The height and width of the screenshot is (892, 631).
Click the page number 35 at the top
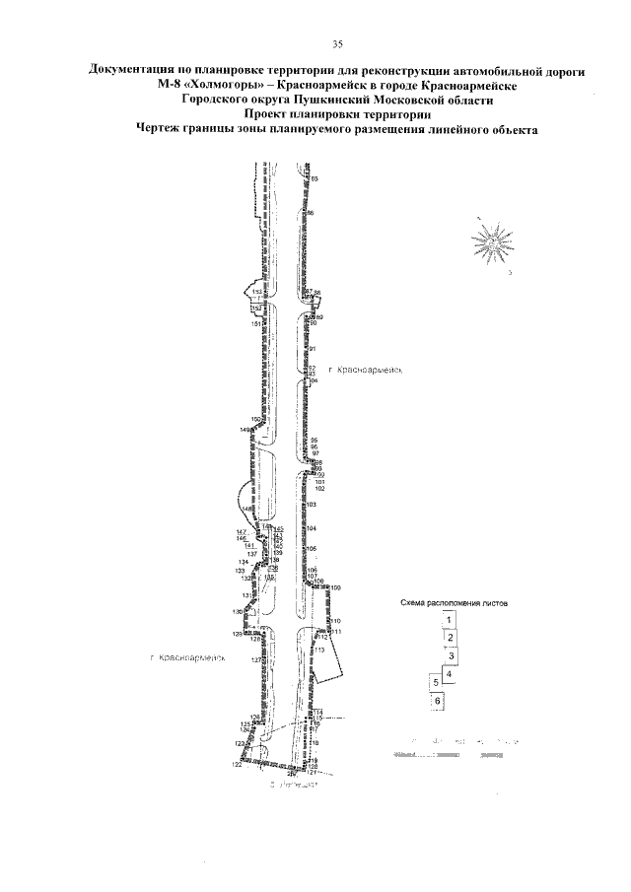[x=337, y=44]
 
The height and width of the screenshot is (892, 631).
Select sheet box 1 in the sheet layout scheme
[x=449, y=620]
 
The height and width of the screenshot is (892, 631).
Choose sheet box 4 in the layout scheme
[x=449, y=675]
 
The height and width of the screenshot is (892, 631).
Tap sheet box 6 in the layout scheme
[x=437, y=700]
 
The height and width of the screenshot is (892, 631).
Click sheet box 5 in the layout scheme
[x=434, y=681]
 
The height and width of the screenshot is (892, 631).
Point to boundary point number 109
[x=336, y=587]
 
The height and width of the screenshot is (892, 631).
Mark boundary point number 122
[x=237, y=765]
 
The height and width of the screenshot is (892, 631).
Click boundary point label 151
[x=255, y=324]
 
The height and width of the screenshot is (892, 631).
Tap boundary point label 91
[x=312, y=349]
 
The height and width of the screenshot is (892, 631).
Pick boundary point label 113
[x=320, y=651]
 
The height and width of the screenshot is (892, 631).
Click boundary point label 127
[x=255, y=659]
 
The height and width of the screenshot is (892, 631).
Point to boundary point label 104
[x=312, y=529]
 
